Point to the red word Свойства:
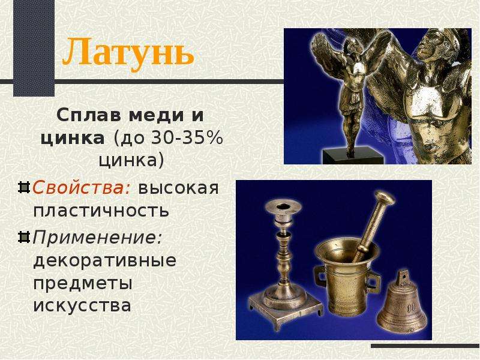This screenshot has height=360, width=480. click(x=82, y=187)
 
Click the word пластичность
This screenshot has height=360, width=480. click(x=101, y=211)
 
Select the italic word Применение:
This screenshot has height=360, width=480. click(x=97, y=237)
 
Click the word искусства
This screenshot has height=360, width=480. click(x=82, y=305)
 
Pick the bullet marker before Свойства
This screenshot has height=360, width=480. click(x=24, y=187)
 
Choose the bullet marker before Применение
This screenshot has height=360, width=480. click(x=24, y=237)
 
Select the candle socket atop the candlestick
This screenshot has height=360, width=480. click(x=283, y=208)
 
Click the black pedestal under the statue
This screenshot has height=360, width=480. click(x=353, y=155)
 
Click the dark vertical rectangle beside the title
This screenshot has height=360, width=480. click(x=34, y=48)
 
